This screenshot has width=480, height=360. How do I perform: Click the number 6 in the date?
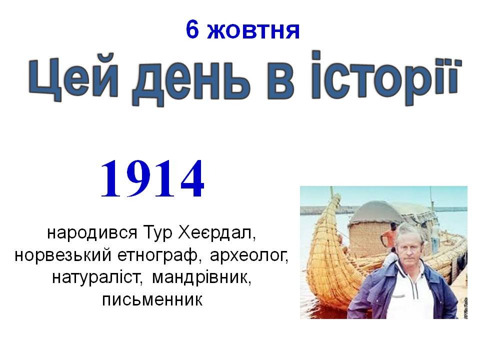point(192,30)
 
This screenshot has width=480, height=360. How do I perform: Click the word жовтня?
point(253,31)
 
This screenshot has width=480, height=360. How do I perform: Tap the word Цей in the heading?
point(74,78)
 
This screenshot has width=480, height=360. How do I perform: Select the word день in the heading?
point(191,81)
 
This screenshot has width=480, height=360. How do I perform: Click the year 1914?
point(152,179)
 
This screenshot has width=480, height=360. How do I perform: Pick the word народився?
point(92,233)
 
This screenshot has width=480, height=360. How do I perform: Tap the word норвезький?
point(63,255)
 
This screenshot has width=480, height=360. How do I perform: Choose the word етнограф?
point(159,256)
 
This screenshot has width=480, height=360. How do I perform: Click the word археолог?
point(249,256)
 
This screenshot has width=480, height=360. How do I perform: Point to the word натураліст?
point(98,277)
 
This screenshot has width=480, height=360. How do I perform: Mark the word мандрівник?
point(201,277)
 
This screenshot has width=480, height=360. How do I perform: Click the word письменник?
point(152,300)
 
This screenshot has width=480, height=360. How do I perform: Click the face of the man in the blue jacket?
point(408,246)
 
